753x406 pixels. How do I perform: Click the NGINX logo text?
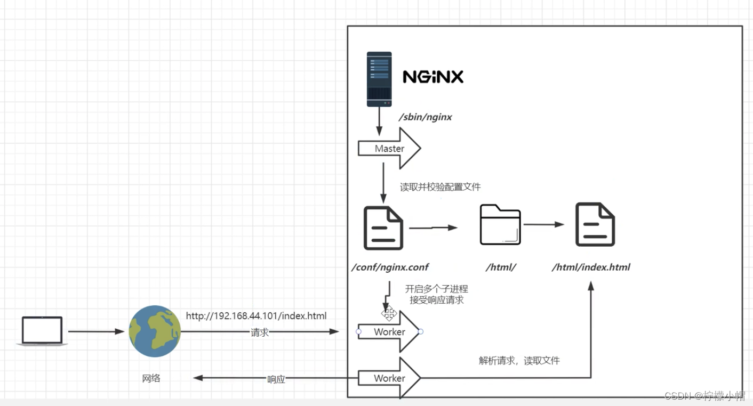pyautogui.click(x=433, y=77)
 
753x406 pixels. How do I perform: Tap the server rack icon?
pyautogui.click(x=379, y=79)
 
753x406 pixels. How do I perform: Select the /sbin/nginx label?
pyautogui.click(x=425, y=117)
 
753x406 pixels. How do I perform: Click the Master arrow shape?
pyautogui.click(x=389, y=149)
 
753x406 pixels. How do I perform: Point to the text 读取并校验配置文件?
pyautogui.click(x=440, y=187)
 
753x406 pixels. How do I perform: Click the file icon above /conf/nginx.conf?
pyautogui.click(x=383, y=228)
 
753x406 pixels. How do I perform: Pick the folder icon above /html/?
pyautogui.click(x=500, y=224)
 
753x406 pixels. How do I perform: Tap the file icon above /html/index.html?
pyautogui.click(x=595, y=224)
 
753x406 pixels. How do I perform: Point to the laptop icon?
pyautogui.click(x=42, y=331)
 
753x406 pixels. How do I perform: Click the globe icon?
pyautogui.click(x=155, y=331)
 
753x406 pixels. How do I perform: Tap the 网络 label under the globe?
pyautogui.click(x=151, y=378)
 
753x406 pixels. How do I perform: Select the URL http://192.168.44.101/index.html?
pyautogui.click(x=256, y=316)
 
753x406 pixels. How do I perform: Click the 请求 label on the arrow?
pyautogui.click(x=260, y=332)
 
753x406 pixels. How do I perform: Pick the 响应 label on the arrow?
pyautogui.click(x=276, y=379)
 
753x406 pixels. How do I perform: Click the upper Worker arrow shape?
pyautogui.click(x=389, y=332)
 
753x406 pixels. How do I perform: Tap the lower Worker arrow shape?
pyautogui.click(x=389, y=378)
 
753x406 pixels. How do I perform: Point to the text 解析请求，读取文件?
pyautogui.click(x=519, y=361)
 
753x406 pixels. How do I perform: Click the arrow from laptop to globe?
pyautogui.click(x=96, y=331)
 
